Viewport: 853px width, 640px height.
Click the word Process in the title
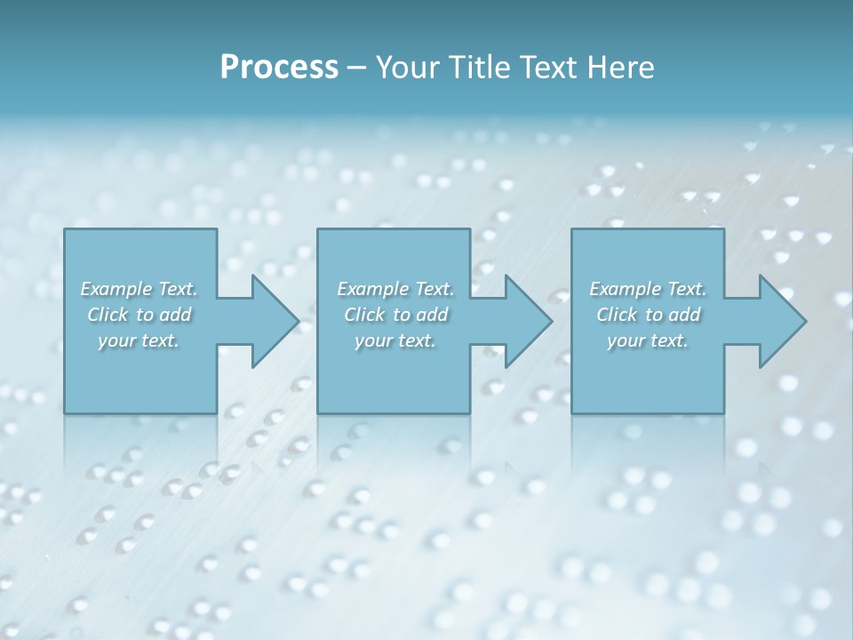[x=279, y=68]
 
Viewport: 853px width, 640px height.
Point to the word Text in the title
[x=551, y=68]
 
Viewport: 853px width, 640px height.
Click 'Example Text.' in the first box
[x=139, y=289]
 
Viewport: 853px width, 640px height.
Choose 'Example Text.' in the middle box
[x=395, y=289]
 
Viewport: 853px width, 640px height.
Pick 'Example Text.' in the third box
[x=648, y=289]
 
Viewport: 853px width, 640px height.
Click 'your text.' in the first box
[x=139, y=340]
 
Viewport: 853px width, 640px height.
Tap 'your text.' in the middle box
[x=395, y=340]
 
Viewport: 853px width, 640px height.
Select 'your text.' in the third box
[x=648, y=340]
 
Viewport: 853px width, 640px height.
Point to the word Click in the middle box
[x=364, y=315]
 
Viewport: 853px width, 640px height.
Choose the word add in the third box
[x=686, y=315]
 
